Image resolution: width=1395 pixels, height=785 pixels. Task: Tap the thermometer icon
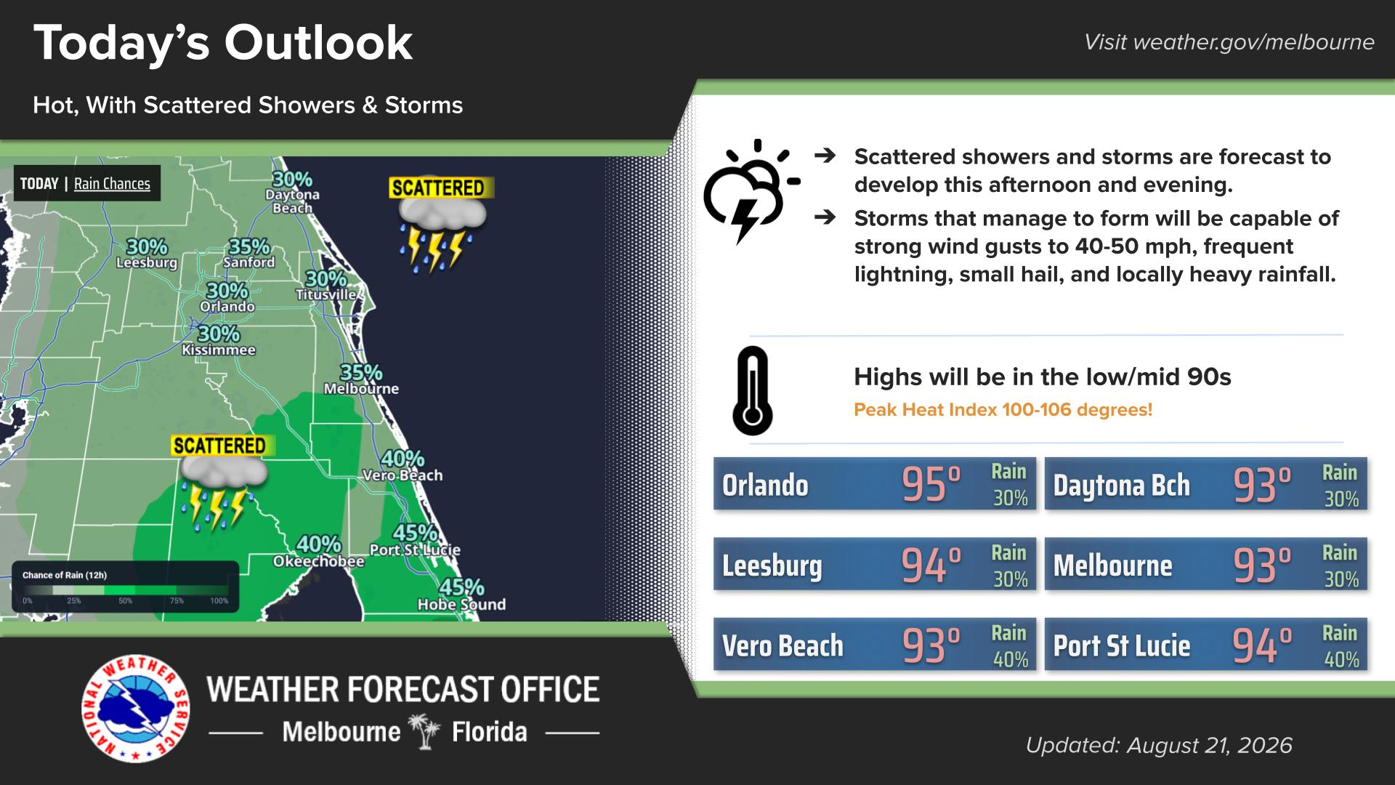tap(752, 391)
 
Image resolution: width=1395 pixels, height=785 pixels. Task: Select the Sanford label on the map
tap(249, 262)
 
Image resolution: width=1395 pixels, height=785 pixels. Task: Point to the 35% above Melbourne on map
tap(361, 372)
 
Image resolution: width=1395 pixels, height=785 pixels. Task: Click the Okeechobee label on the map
tap(318, 561)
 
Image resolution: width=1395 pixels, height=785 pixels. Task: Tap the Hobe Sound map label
tap(461, 604)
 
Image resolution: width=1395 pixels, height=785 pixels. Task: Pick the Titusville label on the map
tap(325, 294)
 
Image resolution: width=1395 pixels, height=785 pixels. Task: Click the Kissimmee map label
tap(219, 350)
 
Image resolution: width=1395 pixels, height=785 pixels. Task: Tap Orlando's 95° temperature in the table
tap(931, 485)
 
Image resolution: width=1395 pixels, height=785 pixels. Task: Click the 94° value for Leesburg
tap(931, 565)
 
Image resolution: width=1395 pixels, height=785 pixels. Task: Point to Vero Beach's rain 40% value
tap(1011, 659)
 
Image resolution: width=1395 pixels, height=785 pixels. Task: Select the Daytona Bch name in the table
tap(1122, 486)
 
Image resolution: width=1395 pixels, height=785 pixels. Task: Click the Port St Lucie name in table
tap(1122, 645)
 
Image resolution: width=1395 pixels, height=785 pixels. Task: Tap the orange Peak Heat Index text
tap(1003, 409)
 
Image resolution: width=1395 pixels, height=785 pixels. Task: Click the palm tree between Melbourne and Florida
tap(426, 731)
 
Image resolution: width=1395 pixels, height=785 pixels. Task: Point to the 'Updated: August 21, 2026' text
tap(1159, 745)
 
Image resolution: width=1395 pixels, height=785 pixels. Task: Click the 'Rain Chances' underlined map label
tap(112, 184)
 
